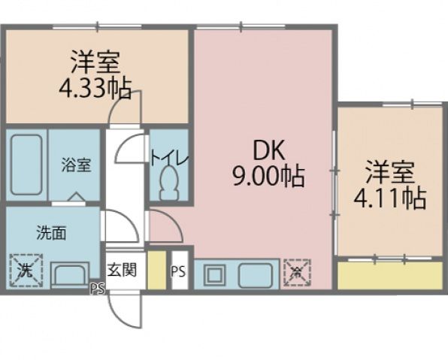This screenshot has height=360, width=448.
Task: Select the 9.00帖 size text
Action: click(267, 177)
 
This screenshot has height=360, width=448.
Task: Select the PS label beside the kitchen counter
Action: click(178, 271)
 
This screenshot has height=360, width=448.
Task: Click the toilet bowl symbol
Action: click(171, 183)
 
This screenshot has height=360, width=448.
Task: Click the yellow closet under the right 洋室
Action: click(389, 274)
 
